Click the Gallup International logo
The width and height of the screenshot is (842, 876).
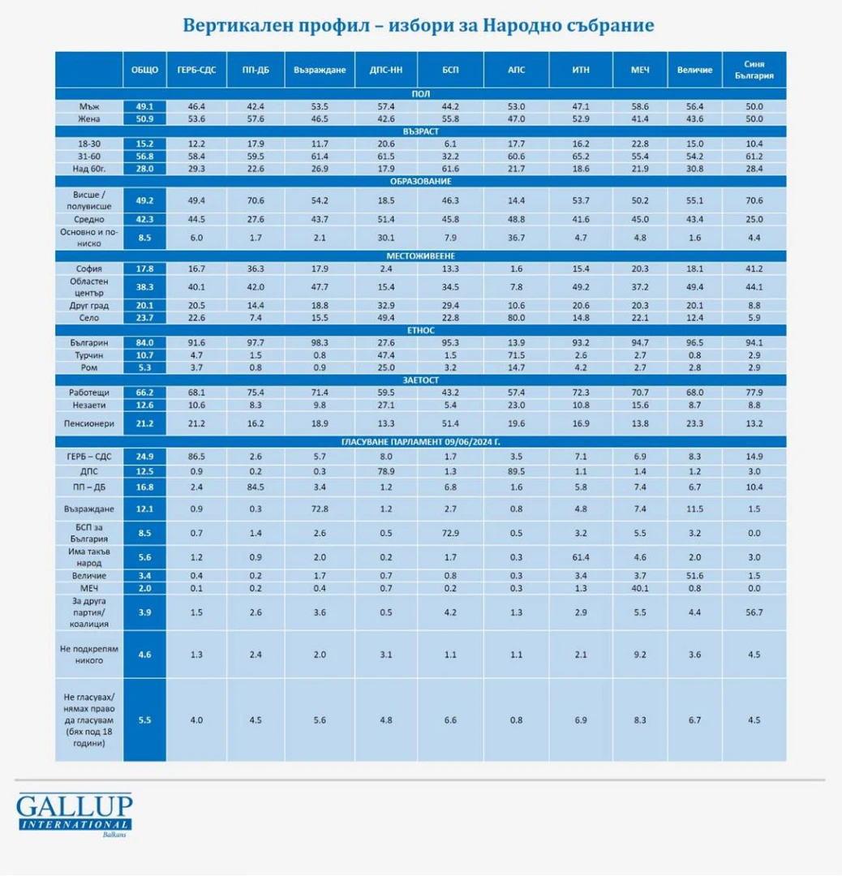click(x=75, y=814)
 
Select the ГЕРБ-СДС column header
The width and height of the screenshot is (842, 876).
click(x=196, y=70)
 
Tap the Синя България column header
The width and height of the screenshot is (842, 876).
click(x=754, y=70)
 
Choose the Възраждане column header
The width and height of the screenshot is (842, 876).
click(x=320, y=70)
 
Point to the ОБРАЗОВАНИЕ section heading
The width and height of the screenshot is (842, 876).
click(x=421, y=182)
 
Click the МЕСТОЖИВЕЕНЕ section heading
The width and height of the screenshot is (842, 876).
click(x=421, y=255)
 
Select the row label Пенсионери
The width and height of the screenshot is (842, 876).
click(x=89, y=423)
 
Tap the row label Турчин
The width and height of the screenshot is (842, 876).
click(x=89, y=355)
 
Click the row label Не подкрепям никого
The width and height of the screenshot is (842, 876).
click(x=89, y=655)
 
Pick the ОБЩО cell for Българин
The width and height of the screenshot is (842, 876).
click(x=144, y=343)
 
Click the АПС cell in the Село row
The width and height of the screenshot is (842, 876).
click(x=516, y=318)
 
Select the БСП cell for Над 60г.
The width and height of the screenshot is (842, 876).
click(x=450, y=169)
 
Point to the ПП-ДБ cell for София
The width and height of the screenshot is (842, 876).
click(x=256, y=268)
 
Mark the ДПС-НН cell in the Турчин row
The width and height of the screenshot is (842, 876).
click(x=386, y=355)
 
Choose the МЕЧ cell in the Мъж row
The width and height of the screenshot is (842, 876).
click(x=640, y=107)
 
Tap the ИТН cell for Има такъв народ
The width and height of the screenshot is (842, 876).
click(x=581, y=557)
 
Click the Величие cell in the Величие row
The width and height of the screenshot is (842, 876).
click(x=694, y=575)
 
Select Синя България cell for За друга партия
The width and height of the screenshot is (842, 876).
click(x=754, y=612)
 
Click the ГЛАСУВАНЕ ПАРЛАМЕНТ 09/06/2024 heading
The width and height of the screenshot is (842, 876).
click(x=421, y=442)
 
